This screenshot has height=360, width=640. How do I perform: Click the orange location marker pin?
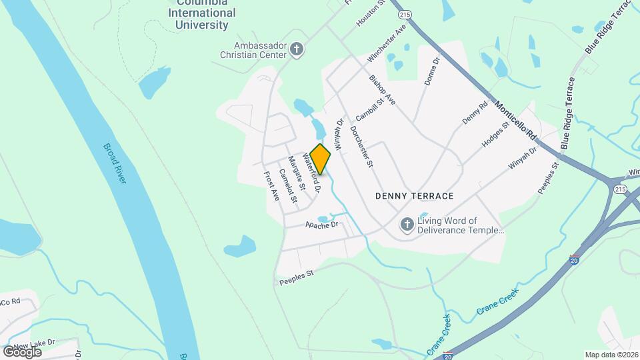[321, 159]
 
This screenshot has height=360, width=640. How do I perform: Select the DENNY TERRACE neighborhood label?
[414, 196]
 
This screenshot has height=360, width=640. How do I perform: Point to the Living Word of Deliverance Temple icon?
[406, 225]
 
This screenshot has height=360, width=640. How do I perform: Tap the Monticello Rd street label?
[516, 120]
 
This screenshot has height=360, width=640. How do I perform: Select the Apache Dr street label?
[323, 226]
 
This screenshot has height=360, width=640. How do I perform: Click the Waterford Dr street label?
[313, 173]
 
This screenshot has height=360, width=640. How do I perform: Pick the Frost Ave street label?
[271, 186]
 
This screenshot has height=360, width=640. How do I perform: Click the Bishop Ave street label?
[383, 89]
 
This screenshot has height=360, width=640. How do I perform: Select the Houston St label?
[371, 13]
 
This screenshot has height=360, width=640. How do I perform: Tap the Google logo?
[23, 351]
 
